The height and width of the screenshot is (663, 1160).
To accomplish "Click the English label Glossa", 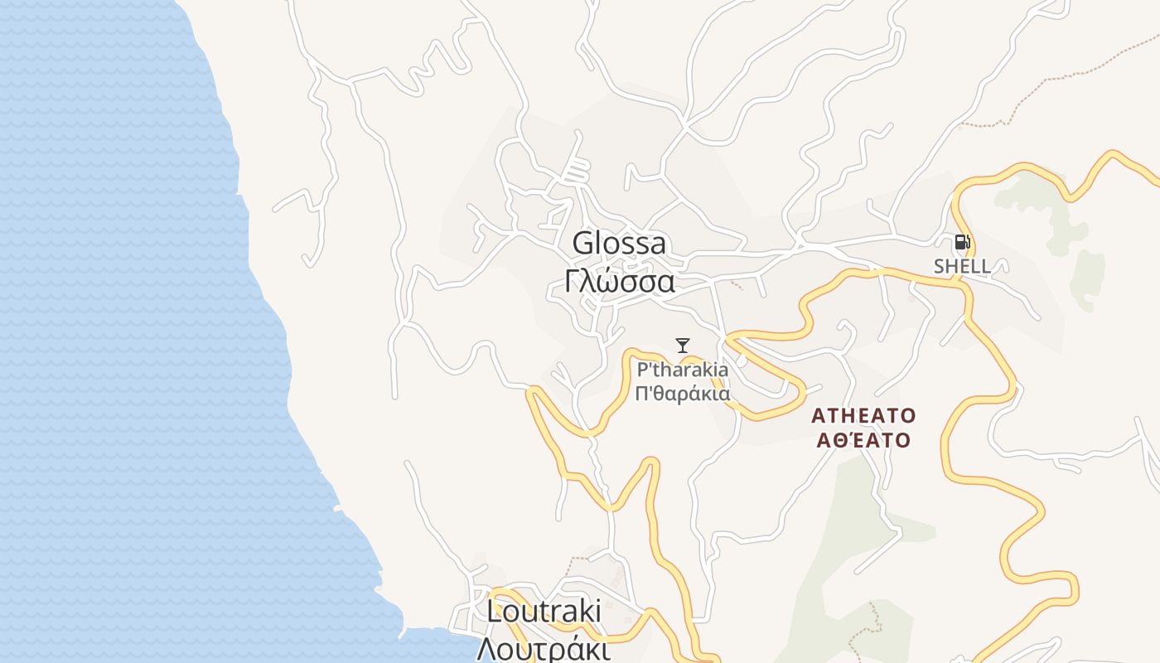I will [x=619, y=244].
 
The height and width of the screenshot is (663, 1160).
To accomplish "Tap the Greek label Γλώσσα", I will [x=619, y=282].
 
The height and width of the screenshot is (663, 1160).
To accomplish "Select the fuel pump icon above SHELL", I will [x=962, y=242].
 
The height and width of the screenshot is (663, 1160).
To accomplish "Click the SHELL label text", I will [x=962, y=266].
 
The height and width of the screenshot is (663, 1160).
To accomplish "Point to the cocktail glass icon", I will [x=683, y=346].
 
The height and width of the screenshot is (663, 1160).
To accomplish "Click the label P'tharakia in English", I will [x=683, y=370].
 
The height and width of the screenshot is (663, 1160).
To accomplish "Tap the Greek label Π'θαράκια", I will [x=683, y=394].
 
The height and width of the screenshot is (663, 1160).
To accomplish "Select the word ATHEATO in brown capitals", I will [x=863, y=415].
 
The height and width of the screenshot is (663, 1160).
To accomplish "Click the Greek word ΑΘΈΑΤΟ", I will [x=863, y=440].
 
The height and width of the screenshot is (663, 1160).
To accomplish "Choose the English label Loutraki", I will [x=544, y=612].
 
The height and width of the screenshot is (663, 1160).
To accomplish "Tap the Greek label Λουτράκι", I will [x=544, y=648].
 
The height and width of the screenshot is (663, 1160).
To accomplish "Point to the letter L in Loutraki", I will [x=493, y=612].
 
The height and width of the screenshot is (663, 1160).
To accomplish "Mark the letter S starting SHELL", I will [x=940, y=266].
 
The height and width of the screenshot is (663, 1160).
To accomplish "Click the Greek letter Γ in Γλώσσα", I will [x=571, y=282].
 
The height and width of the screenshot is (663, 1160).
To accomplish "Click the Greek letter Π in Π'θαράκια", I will [x=641, y=394].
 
